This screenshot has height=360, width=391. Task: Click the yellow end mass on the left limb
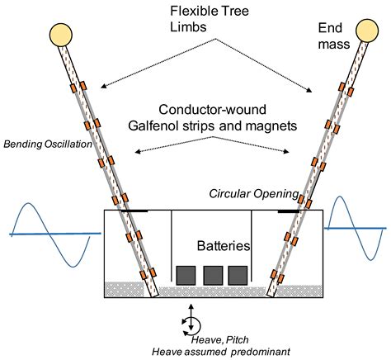60,35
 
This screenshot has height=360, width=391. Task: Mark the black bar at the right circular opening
288,211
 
